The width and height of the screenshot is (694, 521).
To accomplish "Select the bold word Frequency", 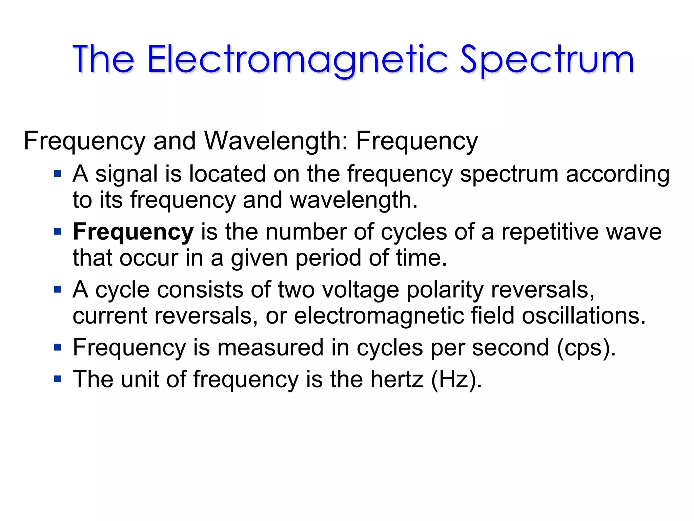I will tap(133, 232).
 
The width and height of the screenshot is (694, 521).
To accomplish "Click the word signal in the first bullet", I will tap(126, 174).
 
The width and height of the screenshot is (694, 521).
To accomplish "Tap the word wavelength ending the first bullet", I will tap(353, 200).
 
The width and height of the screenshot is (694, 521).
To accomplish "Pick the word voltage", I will tap(361, 290).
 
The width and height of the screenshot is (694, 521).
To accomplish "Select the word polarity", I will tap(445, 290).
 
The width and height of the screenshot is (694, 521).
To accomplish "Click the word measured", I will tap(270, 348).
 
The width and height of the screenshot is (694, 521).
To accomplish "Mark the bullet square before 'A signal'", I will tap(58, 174).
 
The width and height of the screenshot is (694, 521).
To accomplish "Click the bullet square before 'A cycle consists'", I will tap(58, 290).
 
